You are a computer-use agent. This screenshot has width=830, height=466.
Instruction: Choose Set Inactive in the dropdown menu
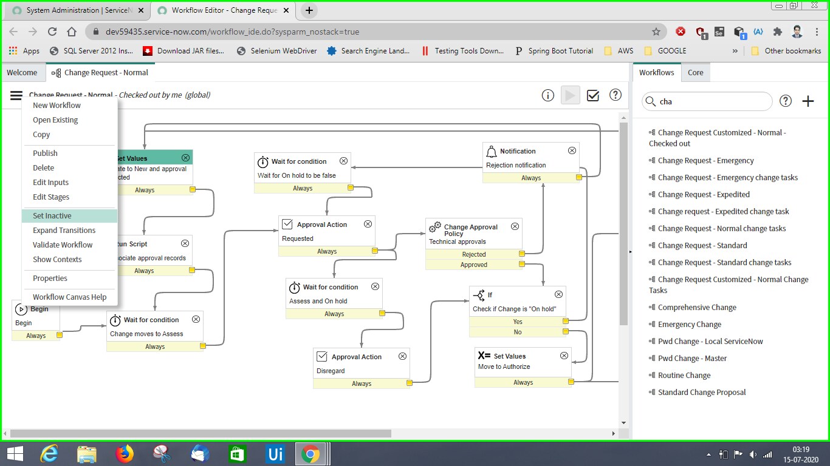click(x=52, y=216)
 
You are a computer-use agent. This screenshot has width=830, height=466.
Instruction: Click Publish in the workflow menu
click(x=45, y=154)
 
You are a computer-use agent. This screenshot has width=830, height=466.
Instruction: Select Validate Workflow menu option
click(x=63, y=245)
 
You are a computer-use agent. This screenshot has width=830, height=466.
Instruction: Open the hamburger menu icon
click(x=16, y=95)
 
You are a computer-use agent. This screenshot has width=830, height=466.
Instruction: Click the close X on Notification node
click(x=572, y=150)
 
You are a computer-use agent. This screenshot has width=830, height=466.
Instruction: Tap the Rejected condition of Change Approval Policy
click(x=474, y=254)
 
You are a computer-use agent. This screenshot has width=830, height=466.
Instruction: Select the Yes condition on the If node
click(x=518, y=322)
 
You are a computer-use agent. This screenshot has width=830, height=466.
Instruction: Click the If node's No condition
click(x=518, y=332)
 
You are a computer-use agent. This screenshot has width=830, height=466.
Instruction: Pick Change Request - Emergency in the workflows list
click(x=705, y=161)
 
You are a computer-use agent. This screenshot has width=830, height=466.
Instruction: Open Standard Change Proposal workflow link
click(x=701, y=393)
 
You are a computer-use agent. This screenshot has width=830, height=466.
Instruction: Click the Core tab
click(x=696, y=73)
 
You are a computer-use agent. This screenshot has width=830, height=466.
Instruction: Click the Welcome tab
click(x=22, y=73)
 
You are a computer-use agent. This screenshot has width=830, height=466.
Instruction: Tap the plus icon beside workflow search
click(x=808, y=101)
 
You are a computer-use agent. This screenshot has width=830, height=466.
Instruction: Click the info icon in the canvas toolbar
click(x=548, y=95)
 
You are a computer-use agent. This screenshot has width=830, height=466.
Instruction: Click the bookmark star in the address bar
click(x=656, y=32)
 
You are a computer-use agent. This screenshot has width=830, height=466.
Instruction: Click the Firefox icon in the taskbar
click(x=125, y=453)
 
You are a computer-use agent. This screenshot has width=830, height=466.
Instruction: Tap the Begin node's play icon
click(x=21, y=309)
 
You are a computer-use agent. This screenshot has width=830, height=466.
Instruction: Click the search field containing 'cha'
click(x=707, y=101)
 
